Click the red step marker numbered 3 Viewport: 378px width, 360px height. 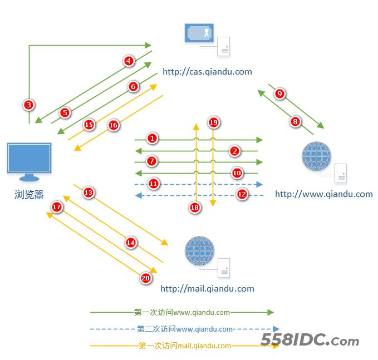29,104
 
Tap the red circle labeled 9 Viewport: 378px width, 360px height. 280,93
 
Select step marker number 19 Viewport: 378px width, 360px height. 213,122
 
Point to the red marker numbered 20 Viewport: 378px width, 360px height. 146,278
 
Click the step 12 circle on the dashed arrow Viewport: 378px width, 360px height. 242,194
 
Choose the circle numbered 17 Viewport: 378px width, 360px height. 57,207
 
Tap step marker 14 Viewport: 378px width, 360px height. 130,243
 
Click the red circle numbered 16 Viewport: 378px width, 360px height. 113,125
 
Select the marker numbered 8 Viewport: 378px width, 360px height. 295,121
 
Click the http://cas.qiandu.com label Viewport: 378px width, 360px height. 207,71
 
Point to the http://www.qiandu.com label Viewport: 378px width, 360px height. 323,194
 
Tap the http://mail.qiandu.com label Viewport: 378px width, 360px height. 207,288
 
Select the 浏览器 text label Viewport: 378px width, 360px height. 29,194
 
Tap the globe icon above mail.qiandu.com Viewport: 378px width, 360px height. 199,251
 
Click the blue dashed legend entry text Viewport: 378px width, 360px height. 184,329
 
